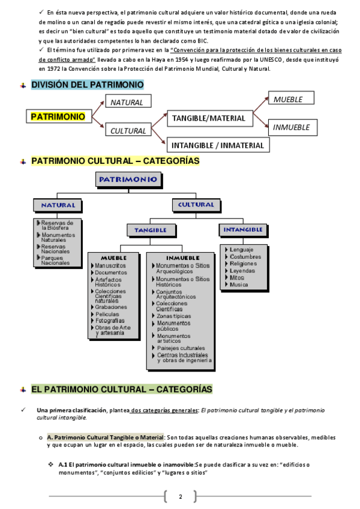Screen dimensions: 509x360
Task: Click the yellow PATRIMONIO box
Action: coord(58,116)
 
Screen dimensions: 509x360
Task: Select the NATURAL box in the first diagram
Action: coord(127,102)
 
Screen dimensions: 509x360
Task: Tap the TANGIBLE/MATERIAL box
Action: coord(208,118)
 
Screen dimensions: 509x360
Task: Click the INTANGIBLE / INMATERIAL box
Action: coord(218,145)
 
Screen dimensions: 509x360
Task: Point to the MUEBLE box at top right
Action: coord(288,99)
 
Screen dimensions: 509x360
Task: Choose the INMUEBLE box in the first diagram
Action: coord(291,127)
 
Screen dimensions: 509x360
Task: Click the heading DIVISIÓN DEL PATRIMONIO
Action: coord(87,85)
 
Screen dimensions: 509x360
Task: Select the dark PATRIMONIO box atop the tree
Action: coord(128,179)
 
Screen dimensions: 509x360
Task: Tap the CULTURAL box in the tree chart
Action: coord(196,205)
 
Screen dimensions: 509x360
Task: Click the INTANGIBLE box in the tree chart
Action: coord(243,229)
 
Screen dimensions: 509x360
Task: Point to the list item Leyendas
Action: coord(242,271)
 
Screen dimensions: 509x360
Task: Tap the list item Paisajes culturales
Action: coord(180,348)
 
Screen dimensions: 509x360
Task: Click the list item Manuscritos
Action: coord(110,265)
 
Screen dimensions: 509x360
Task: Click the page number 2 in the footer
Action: coord(180,496)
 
